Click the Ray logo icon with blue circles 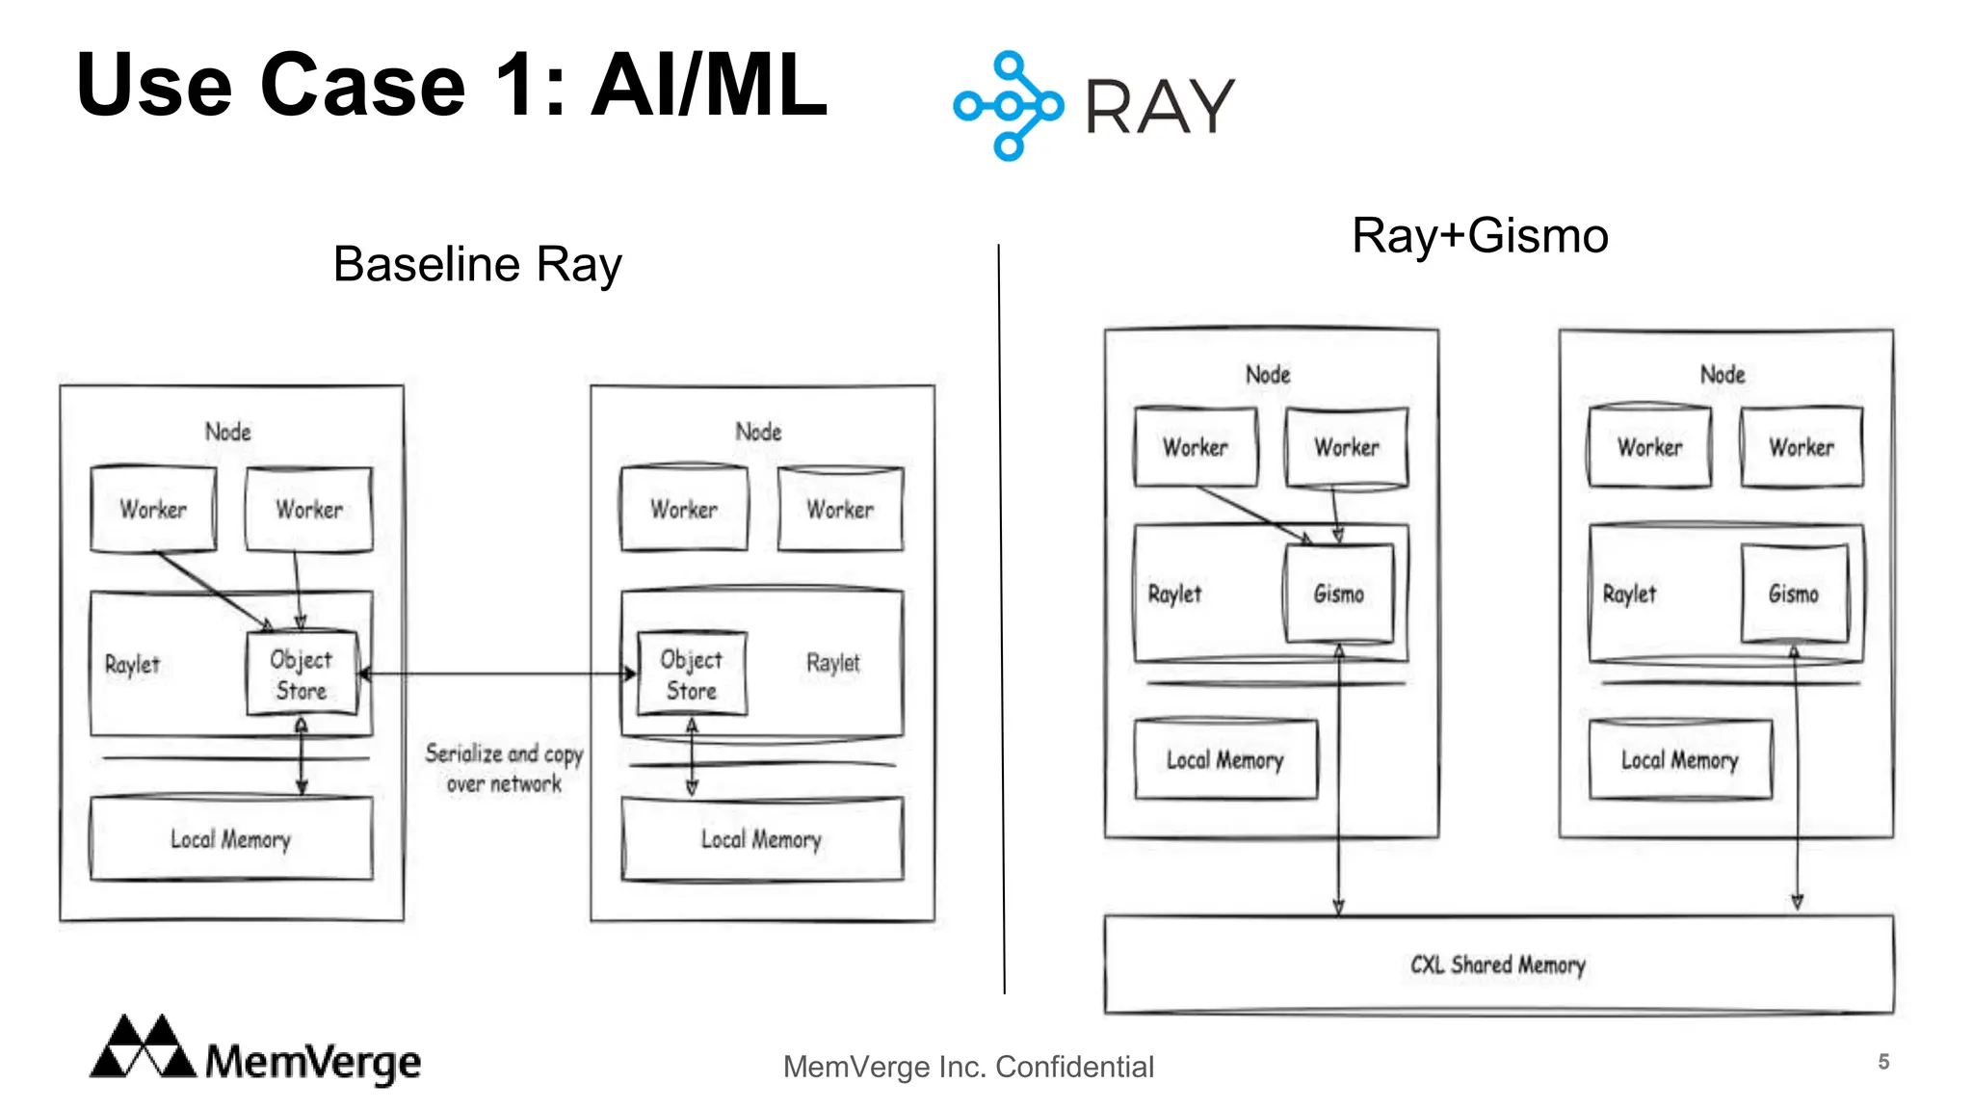[x=1008, y=106]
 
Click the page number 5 [x=1882, y=1062]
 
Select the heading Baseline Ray [x=477, y=264]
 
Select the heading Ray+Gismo [x=1480, y=236]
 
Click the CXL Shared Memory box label [x=1497, y=965]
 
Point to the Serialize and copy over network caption [x=504, y=768]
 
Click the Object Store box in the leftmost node [x=302, y=674]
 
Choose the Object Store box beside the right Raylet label [x=691, y=674]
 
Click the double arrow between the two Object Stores [x=496, y=674]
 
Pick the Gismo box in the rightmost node [x=1794, y=594]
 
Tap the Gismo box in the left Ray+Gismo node [x=1339, y=594]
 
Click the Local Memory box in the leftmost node [x=231, y=839]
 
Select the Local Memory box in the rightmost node [x=1679, y=760]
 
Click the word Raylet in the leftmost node [x=132, y=665]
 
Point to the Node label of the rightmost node [x=1722, y=375]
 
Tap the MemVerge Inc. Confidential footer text [x=967, y=1067]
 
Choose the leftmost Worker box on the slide [x=153, y=509]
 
